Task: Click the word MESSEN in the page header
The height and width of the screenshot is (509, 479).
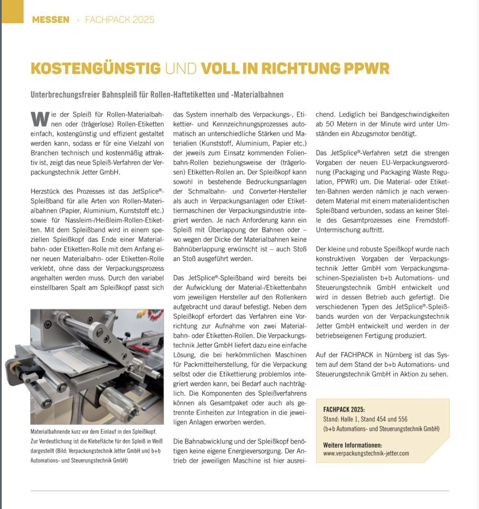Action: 51,19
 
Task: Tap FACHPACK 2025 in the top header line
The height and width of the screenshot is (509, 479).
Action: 120,19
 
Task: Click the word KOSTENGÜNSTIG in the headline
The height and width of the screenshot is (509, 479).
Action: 96,68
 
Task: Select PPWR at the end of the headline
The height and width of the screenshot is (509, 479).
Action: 366,68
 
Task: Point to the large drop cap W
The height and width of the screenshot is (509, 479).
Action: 40,118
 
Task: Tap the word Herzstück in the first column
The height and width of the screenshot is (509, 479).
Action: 45,191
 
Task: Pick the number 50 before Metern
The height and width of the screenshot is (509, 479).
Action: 330,124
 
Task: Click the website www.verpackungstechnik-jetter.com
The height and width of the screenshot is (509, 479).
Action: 366,454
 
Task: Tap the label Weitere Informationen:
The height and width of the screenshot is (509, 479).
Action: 353,445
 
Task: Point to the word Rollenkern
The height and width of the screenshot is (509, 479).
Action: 291,297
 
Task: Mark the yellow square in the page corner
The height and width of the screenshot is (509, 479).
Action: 12,11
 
